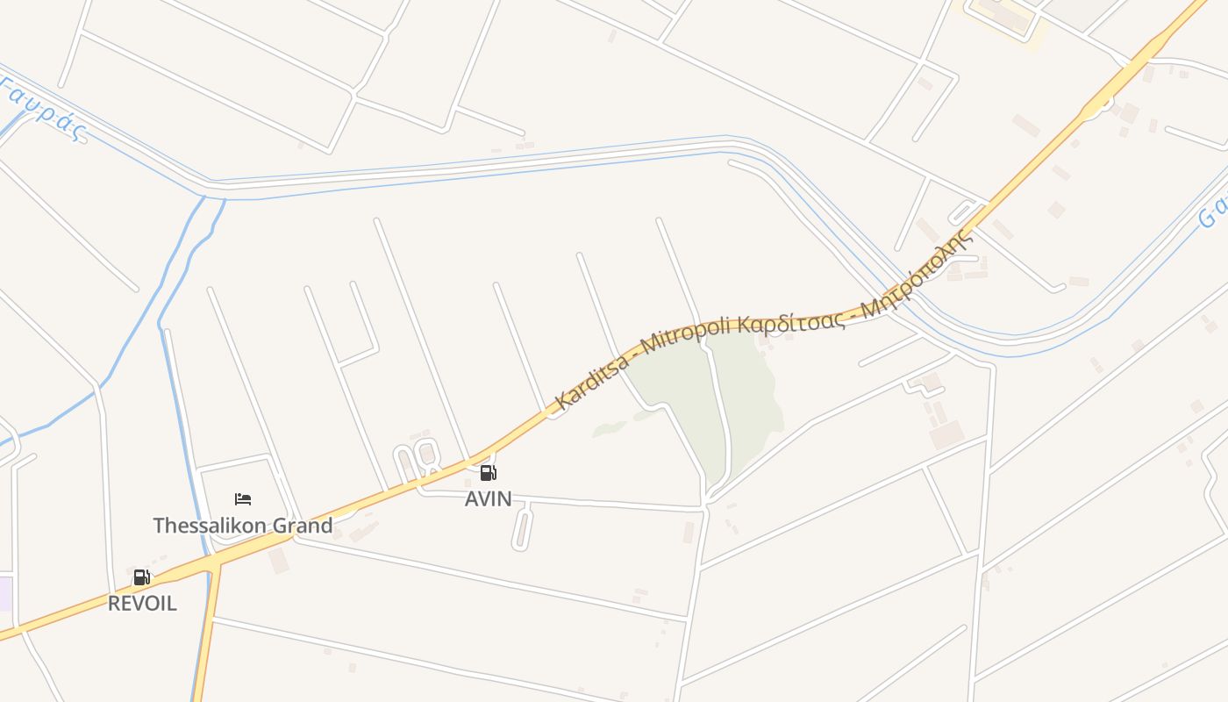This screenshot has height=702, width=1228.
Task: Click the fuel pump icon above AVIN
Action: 489,474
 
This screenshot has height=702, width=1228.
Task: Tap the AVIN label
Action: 489,499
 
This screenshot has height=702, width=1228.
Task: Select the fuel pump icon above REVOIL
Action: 141,577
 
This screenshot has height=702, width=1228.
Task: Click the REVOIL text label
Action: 142,604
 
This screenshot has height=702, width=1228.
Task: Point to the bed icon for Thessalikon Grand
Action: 243,500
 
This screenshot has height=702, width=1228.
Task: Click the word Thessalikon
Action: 198,526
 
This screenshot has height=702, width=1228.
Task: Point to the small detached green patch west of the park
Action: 609,428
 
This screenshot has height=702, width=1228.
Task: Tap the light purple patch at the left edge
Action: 4,593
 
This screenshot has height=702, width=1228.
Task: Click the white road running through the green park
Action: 722,412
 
